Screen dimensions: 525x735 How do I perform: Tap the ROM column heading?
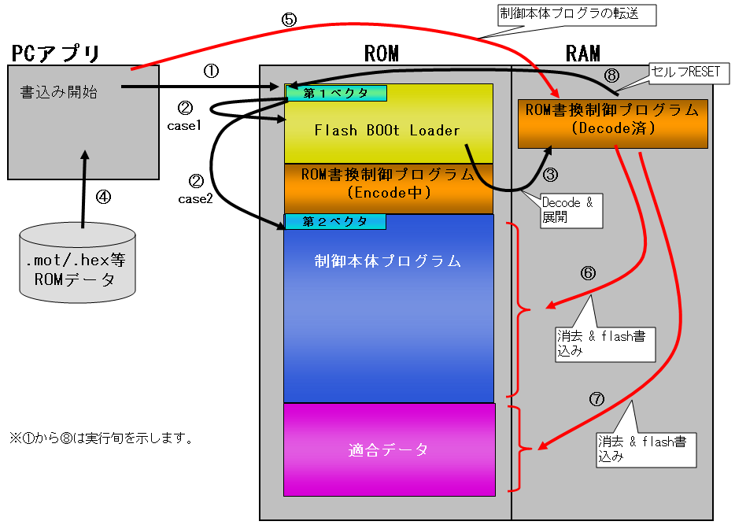pos(382,54)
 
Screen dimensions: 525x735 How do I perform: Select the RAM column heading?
pos(583,54)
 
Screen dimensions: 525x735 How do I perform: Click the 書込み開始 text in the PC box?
pos(58,92)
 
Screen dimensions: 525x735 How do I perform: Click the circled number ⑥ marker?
pos(588,274)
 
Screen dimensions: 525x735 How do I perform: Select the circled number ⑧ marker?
pos(611,76)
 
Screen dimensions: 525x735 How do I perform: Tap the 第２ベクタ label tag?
pos(335,222)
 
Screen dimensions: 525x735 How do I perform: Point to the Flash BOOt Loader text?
pos(387,131)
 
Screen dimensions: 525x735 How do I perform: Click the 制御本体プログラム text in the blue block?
pos(388,261)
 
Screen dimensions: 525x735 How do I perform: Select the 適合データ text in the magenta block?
pos(389,450)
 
